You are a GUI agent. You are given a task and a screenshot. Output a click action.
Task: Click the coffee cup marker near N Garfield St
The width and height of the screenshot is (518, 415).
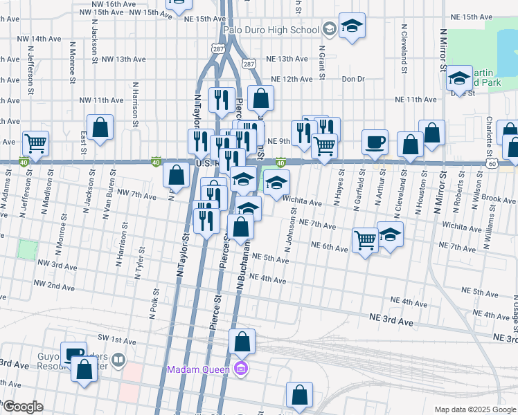[375, 142]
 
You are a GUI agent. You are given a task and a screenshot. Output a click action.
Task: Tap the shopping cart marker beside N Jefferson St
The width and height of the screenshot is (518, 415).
[35, 143]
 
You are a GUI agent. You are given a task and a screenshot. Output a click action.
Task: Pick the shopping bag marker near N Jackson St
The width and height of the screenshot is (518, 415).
[100, 127]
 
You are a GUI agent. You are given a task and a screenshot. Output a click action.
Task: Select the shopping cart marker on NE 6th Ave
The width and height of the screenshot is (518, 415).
[365, 241]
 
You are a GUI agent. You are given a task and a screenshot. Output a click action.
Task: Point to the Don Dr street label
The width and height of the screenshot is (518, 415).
[353, 79]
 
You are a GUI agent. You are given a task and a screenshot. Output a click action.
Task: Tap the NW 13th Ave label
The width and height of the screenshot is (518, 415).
[123, 59]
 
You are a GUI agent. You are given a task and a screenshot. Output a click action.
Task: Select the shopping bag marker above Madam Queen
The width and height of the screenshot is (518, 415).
[242, 342]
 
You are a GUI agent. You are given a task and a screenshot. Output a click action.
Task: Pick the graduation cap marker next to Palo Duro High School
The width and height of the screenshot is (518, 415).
[352, 27]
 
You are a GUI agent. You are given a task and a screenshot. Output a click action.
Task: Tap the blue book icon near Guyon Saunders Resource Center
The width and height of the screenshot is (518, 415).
[118, 360]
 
